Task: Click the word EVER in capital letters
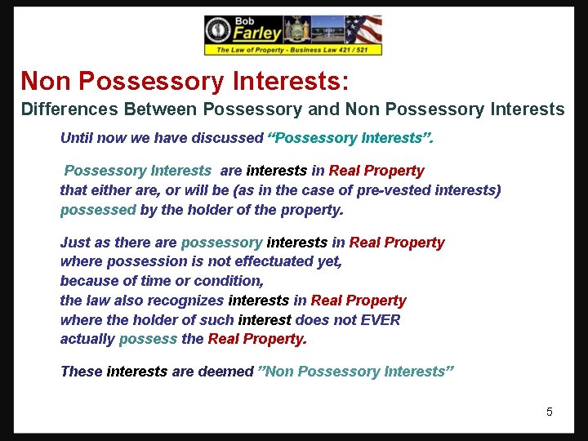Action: point(381,319)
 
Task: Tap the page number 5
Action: point(550,412)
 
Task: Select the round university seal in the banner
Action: point(218,31)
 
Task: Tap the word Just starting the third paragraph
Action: point(75,242)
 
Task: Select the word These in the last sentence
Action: point(81,372)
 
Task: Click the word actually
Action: point(87,339)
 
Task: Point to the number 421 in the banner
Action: point(341,50)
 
